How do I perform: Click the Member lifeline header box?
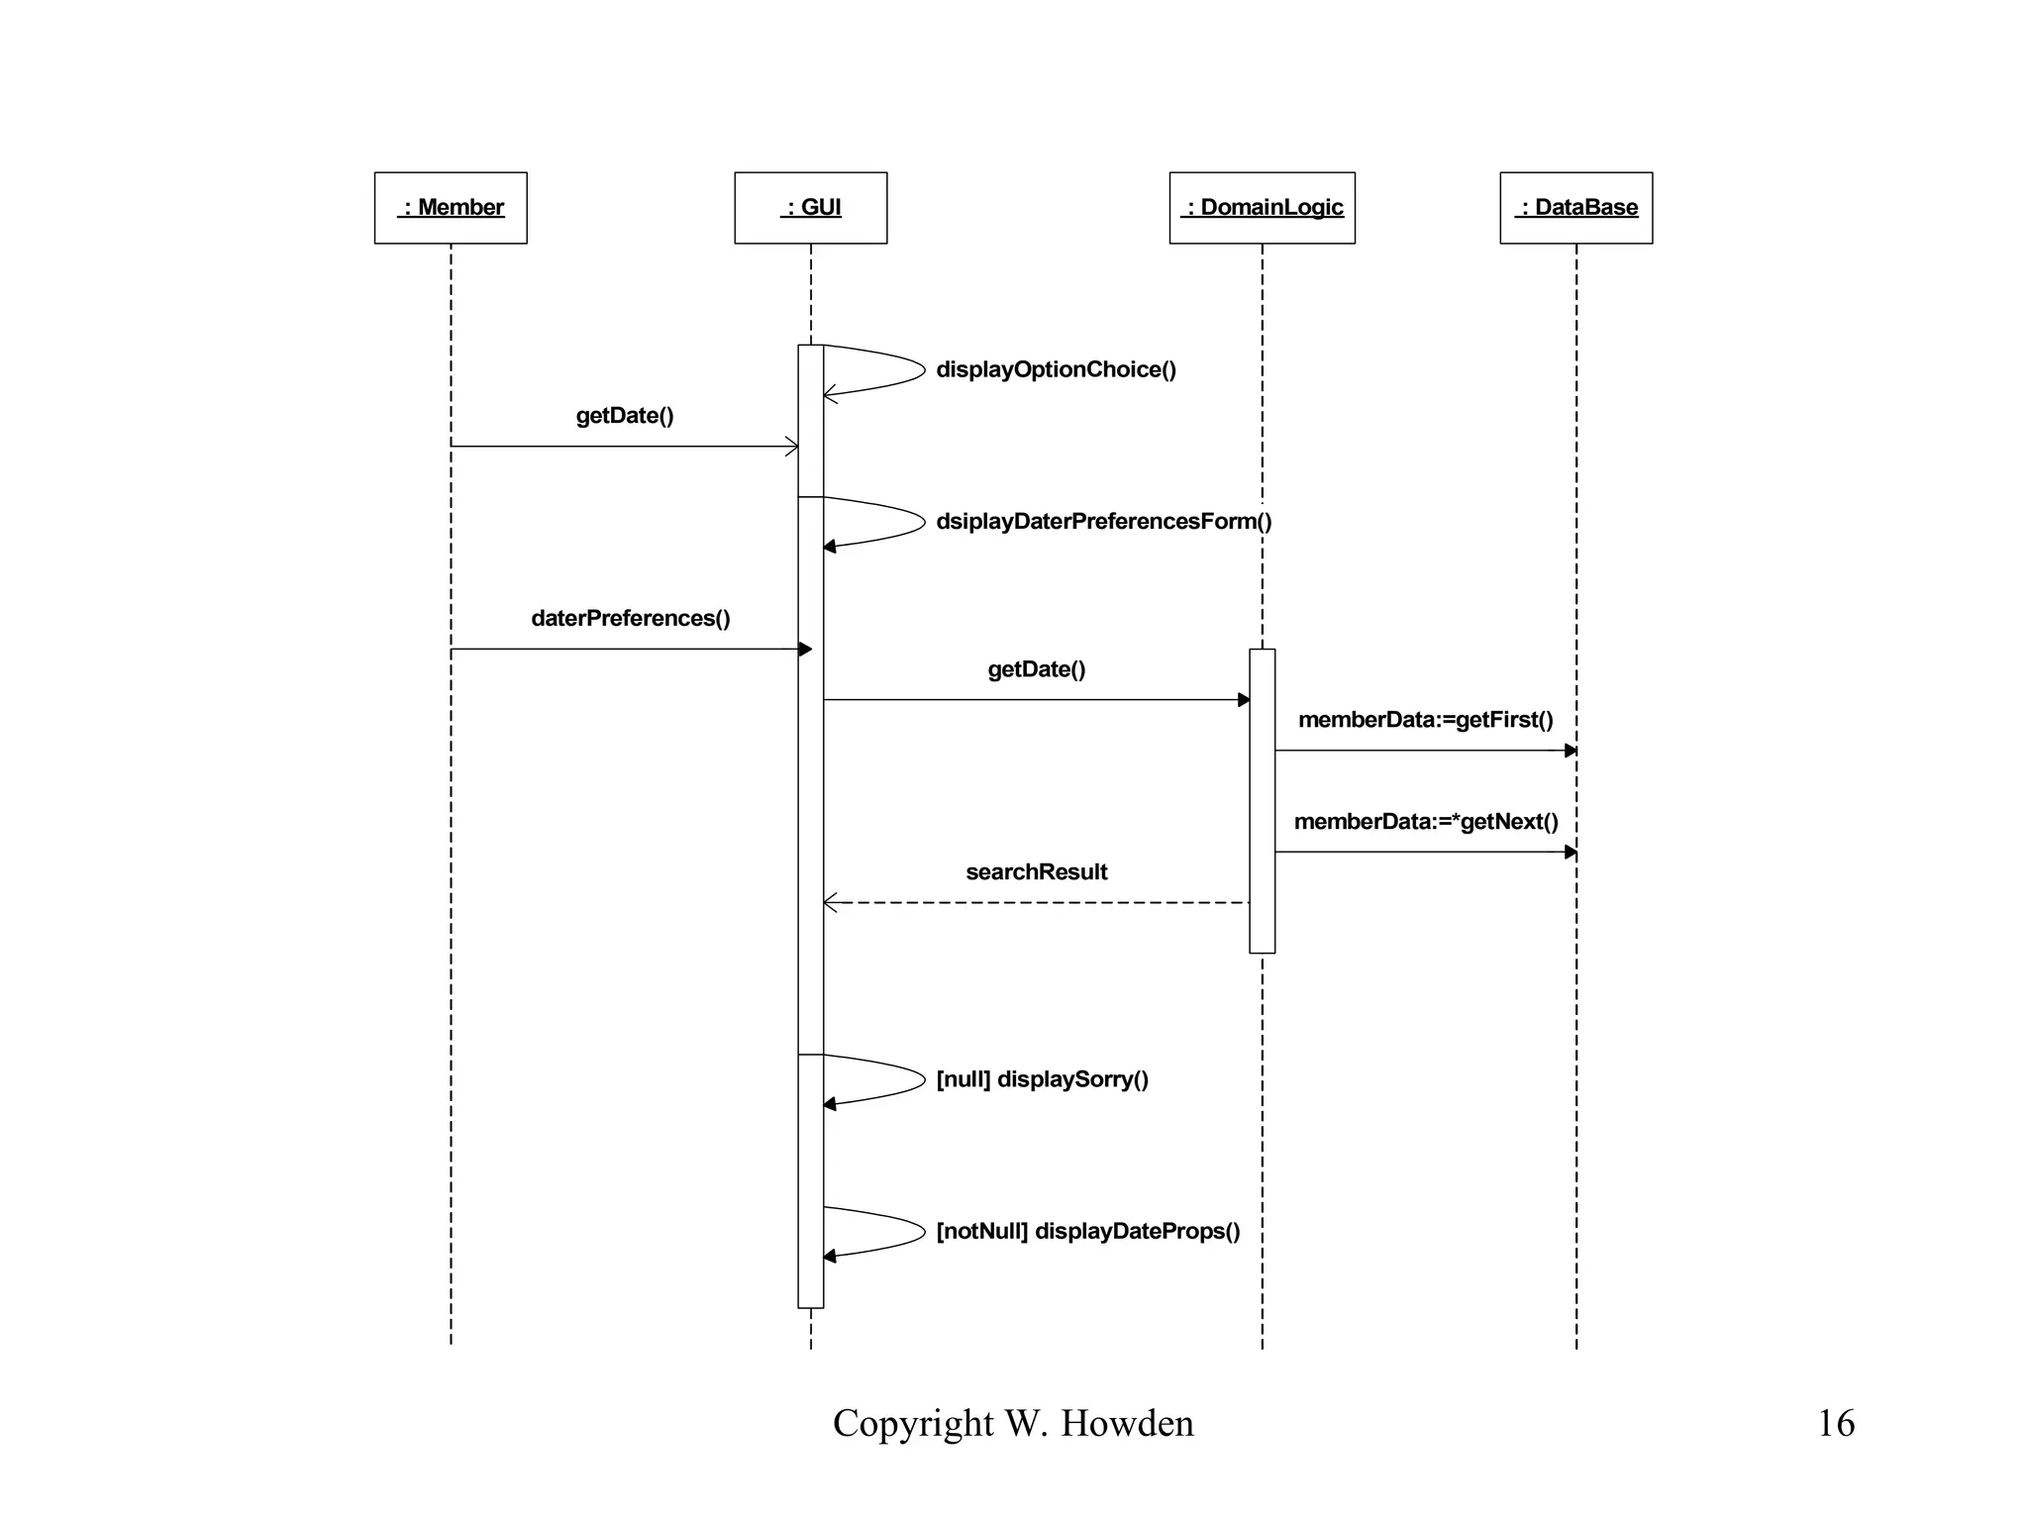[x=451, y=208]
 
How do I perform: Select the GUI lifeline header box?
[x=810, y=208]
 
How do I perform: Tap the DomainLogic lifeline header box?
[x=1262, y=208]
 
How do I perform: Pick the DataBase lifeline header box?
[x=1575, y=208]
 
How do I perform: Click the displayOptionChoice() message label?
[x=1056, y=369]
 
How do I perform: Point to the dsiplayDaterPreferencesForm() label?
[x=1103, y=521]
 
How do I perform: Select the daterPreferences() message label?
[x=631, y=618]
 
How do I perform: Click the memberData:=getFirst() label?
[x=1425, y=720]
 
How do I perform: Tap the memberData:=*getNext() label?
[x=1425, y=821]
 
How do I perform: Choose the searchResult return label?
[x=1036, y=871]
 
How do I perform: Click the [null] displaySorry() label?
[x=1042, y=1078]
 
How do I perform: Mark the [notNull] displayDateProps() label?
[x=1087, y=1231]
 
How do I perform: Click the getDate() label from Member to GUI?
[x=625, y=415]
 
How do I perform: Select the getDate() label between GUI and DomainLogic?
[x=1036, y=669]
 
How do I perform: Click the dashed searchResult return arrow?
[x=1036, y=903]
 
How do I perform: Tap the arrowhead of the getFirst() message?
[x=1570, y=751]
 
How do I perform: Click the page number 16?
[x=1835, y=1423]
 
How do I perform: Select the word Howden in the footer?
[x=1127, y=1423]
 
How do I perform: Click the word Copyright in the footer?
[x=913, y=1423]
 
